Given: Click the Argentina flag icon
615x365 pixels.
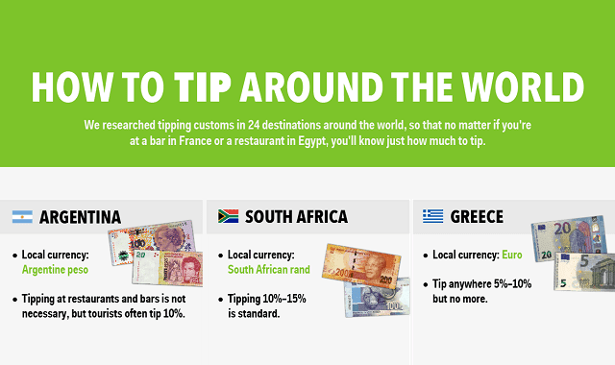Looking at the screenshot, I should click(23, 217).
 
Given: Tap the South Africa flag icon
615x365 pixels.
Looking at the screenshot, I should click(229, 217).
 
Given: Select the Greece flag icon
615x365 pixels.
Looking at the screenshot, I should click(433, 217).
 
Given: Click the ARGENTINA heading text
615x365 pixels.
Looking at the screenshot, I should click(81, 217).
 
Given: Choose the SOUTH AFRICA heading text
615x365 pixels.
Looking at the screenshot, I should click(297, 217).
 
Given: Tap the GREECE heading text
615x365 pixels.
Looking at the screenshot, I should click(477, 217).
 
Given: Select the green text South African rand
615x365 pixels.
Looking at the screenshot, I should click(269, 271).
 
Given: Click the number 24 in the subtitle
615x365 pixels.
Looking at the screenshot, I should click(245, 126).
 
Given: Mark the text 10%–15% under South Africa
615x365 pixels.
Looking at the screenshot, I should click(279, 299).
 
